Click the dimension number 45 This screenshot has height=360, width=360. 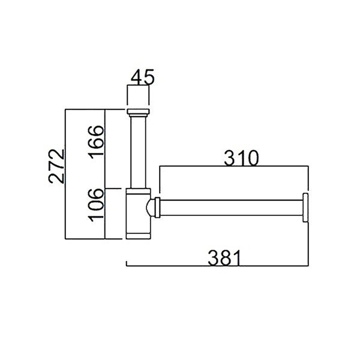142,77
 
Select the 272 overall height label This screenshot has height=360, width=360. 56,166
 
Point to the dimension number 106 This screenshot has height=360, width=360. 97,205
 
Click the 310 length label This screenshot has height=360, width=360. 241,158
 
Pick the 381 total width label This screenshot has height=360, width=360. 224,258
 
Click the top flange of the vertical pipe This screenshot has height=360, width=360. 138,112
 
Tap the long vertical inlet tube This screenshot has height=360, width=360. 138,152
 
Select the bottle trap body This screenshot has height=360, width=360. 138,214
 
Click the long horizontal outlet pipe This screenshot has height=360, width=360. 231,208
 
